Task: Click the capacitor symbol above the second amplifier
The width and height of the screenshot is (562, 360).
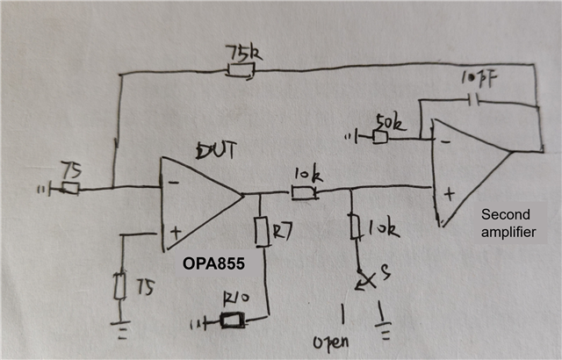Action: point(475,101)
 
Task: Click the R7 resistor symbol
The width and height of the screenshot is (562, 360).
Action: point(261,233)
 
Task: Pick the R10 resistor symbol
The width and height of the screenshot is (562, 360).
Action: point(233,320)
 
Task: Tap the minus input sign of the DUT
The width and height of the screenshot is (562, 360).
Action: point(175,183)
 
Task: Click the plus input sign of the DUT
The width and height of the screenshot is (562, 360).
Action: point(176,234)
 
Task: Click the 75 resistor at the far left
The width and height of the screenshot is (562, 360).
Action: point(69,187)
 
